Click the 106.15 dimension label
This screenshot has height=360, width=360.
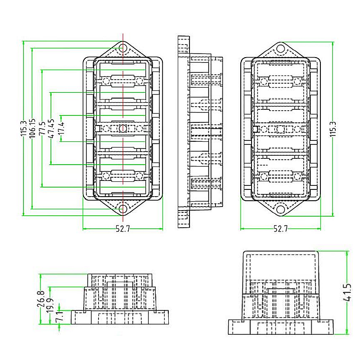point(32,129)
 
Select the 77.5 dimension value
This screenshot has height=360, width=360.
point(42,129)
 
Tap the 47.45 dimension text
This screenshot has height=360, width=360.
point(51,129)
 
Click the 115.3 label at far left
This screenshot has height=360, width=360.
point(23,129)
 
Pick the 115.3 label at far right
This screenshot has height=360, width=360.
point(333,129)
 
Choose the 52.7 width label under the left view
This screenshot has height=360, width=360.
point(122,229)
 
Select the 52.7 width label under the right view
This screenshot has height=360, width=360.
point(280,229)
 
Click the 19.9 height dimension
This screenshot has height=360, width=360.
point(50,306)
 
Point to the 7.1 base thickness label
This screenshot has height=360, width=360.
point(59,317)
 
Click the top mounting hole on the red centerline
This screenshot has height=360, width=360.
point(123,49)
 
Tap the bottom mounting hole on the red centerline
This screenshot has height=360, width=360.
point(123,209)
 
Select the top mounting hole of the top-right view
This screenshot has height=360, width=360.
point(280,49)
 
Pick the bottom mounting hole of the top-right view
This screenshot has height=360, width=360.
point(280,209)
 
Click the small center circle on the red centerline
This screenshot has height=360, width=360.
point(123,129)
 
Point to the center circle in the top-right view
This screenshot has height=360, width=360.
point(280,130)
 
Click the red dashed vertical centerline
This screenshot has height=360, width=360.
point(123,90)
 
